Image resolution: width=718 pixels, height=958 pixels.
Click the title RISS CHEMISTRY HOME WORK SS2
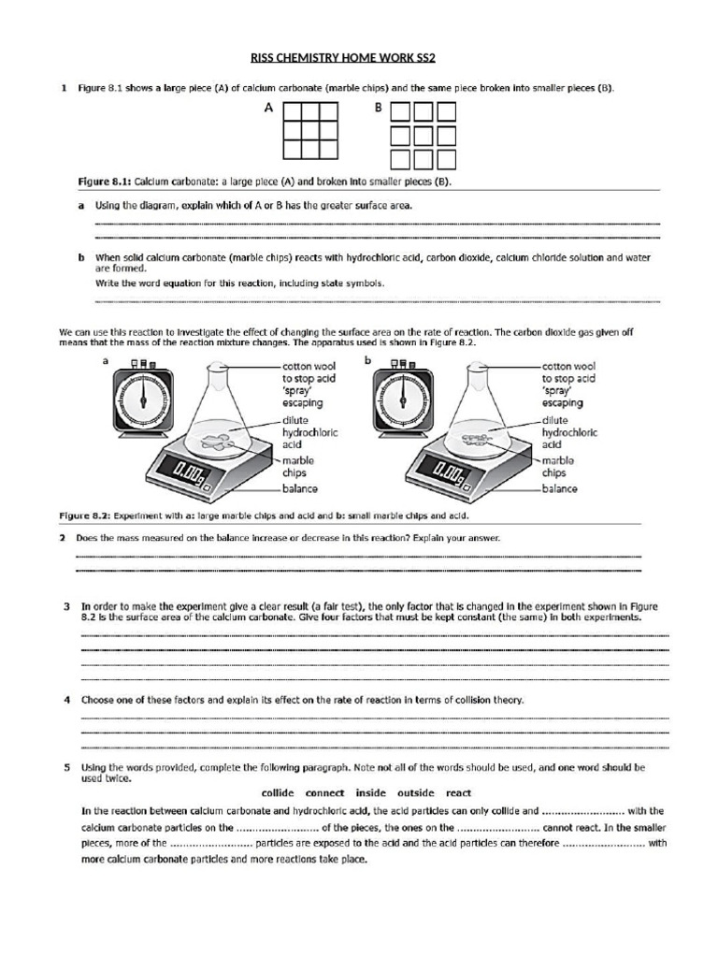tap(358, 57)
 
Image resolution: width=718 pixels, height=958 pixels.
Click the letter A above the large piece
tap(268, 109)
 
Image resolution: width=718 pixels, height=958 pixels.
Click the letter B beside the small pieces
tap(379, 109)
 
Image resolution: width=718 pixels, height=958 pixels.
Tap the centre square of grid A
tap(312, 131)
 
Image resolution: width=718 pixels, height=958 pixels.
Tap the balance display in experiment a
tap(192, 470)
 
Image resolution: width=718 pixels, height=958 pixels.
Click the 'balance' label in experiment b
tap(560, 488)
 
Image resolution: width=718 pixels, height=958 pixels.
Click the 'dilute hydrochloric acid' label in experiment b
tap(569, 433)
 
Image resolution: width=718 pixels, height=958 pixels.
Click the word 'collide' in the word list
tap(283, 791)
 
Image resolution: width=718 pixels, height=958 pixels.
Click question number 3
tap(65, 606)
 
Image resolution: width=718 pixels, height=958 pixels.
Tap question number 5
tap(65, 767)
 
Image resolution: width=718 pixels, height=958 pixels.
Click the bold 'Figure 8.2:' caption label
tap(86, 515)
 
